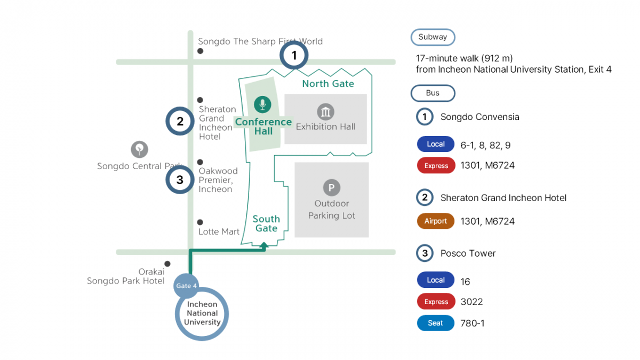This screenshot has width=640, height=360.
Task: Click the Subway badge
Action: (x=433, y=37)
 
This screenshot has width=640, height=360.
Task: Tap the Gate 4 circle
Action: (x=187, y=286)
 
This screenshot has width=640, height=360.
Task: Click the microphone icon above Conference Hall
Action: (x=262, y=105)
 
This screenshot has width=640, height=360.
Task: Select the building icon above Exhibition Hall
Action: (x=325, y=112)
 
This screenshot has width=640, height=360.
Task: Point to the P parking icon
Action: (x=331, y=188)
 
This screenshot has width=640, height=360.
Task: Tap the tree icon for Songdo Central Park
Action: (x=139, y=149)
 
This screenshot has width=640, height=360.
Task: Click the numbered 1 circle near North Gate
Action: (x=294, y=55)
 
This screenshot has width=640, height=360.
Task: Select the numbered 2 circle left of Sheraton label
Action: (x=180, y=122)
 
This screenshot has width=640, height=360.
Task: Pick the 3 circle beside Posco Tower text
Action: (x=425, y=253)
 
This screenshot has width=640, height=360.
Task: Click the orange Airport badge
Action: (x=436, y=221)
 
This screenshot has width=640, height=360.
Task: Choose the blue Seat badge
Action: (x=435, y=323)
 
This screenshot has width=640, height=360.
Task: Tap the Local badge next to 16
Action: (x=435, y=281)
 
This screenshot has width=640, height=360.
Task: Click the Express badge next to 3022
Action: (x=436, y=302)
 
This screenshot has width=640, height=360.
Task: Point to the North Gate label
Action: (x=328, y=84)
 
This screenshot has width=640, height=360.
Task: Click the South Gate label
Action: (x=266, y=223)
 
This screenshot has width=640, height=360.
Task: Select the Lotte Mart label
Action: (x=219, y=231)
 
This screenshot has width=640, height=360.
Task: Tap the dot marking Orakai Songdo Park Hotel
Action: (x=167, y=263)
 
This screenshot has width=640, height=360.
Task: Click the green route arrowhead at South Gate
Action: (x=264, y=245)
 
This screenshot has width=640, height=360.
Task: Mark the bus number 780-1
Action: (x=473, y=323)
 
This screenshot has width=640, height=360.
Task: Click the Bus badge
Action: (x=433, y=93)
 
